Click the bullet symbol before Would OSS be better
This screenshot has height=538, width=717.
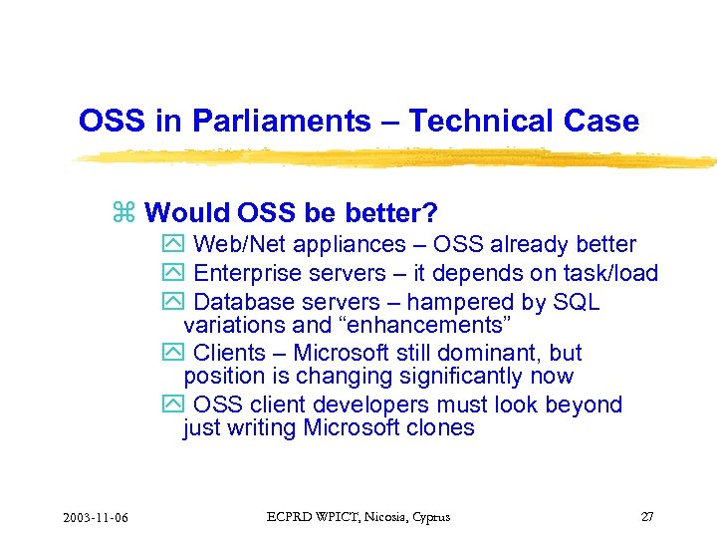click(124, 213)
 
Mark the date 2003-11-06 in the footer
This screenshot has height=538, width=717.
click(101, 517)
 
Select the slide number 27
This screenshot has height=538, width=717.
click(647, 517)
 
